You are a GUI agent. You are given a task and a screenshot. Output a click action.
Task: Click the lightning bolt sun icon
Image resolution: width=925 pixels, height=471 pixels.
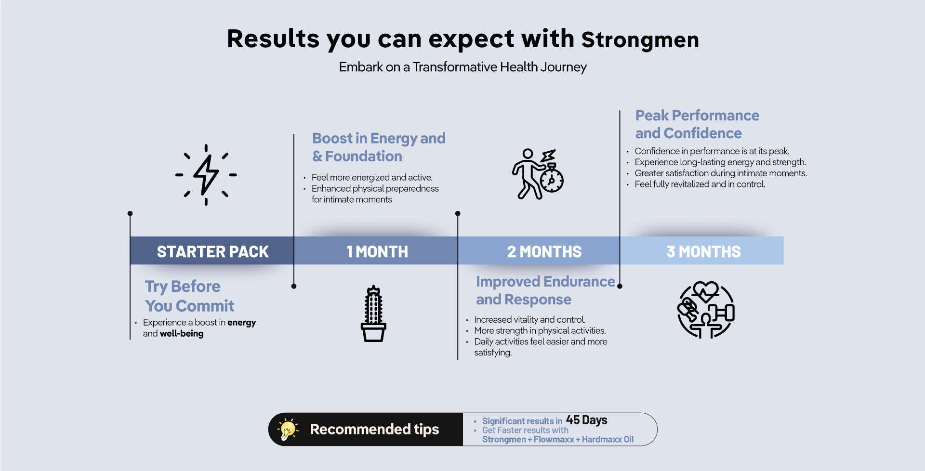[x=206, y=175]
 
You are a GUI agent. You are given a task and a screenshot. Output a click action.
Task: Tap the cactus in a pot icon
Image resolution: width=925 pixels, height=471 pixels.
[x=373, y=314]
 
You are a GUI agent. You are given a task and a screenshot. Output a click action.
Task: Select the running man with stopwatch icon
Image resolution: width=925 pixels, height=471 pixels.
[x=538, y=174]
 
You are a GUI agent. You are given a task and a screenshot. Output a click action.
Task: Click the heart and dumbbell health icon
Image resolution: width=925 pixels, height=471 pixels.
[x=706, y=310]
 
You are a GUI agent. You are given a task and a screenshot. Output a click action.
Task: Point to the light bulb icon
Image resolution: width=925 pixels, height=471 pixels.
[x=288, y=429]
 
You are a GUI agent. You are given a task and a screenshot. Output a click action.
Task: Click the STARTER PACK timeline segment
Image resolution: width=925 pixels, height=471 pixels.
[x=212, y=250]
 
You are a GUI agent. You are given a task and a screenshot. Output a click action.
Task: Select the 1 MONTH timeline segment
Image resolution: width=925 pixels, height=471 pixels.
[x=376, y=250]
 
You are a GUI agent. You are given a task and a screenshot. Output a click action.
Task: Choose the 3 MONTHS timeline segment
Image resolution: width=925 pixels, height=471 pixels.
[x=702, y=250]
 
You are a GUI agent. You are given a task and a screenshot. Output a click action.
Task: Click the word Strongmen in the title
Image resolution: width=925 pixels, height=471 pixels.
[x=640, y=40]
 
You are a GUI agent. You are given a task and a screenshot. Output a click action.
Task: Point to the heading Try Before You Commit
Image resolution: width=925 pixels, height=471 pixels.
[x=190, y=296]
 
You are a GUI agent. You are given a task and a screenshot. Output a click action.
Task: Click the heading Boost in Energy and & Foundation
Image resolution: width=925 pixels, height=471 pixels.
[x=379, y=147]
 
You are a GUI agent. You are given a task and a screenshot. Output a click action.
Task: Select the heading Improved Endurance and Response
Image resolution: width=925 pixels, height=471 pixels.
[x=545, y=290]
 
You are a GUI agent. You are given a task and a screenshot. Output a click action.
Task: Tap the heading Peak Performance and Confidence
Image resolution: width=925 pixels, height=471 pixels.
[x=697, y=124]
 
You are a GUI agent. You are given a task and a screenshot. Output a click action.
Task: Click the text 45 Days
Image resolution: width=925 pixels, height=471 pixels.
[x=586, y=420]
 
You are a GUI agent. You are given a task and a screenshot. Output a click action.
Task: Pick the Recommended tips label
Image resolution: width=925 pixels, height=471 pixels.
[x=374, y=429]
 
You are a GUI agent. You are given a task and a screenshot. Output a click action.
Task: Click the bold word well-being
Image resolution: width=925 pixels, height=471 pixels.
[x=182, y=333]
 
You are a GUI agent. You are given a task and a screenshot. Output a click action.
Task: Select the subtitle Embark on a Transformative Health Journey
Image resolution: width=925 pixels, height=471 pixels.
[x=463, y=67]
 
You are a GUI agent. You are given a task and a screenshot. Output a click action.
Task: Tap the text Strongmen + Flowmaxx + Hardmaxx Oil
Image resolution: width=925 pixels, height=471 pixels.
[x=558, y=439]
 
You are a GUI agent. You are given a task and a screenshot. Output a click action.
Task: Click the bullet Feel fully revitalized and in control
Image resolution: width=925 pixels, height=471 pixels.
[x=700, y=184]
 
